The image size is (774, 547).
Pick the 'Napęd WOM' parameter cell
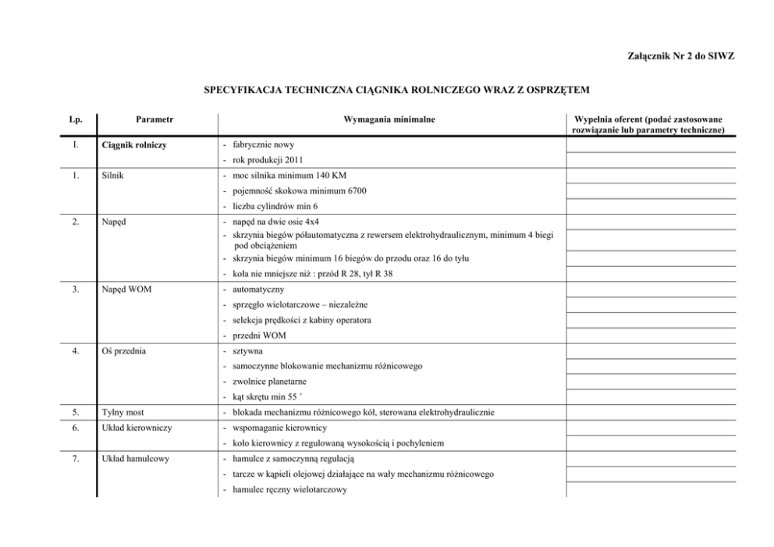(127, 290)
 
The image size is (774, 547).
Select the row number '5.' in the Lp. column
(75, 412)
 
